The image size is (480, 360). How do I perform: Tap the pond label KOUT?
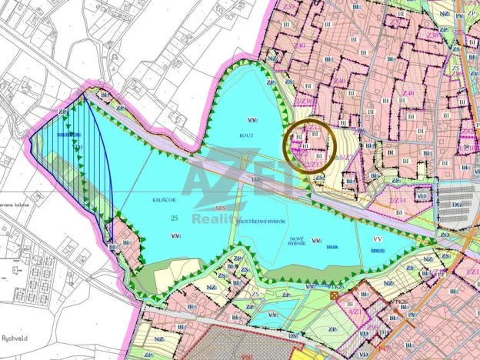[x=246, y=135]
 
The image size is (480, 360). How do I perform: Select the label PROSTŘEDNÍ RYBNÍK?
[x=262, y=222]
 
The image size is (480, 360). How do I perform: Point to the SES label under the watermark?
[x=220, y=208]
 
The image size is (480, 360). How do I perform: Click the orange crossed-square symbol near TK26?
[x=334, y=294]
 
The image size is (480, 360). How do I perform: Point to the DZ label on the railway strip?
[x=255, y=178]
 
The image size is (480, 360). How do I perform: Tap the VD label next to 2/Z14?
[x=421, y=196]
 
